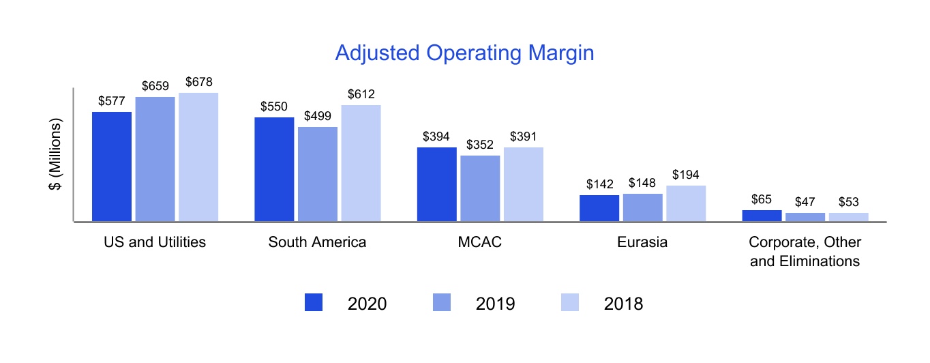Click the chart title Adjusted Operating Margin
point(464,53)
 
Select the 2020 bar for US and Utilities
point(112,166)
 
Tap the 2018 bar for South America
point(361,163)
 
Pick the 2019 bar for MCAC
point(480,188)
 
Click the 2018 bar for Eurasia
point(686,203)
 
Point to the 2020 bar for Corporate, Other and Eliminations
point(762,216)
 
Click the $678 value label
point(198,83)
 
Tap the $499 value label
point(318,117)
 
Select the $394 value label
point(437,137)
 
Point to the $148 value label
point(643,184)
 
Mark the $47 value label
point(805,203)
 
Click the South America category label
point(317,242)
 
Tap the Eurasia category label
point(642,242)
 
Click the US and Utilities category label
point(155,242)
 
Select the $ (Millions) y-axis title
point(57,155)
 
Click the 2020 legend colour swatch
point(314,303)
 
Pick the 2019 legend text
point(495,304)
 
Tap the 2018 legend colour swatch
point(569,303)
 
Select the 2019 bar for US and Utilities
point(155,159)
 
